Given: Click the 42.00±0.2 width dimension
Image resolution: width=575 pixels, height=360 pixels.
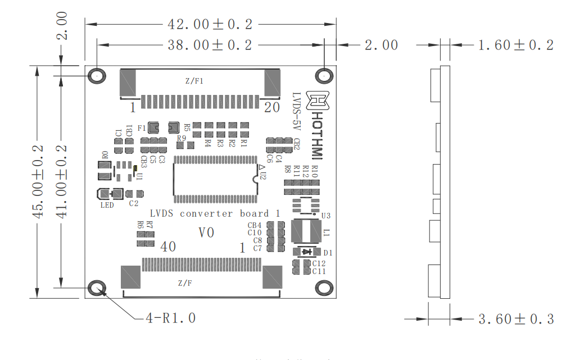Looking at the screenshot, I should pyautogui.click(x=210, y=24).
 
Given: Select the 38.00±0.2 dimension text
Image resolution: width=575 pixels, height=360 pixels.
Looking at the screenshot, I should pyautogui.click(x=210, y=45).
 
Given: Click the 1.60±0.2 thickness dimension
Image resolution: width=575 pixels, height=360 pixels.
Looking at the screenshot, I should pyautogui.click(x=515, y=45).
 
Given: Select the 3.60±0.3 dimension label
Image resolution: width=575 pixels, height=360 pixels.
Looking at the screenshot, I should pyautogui.click(x=515, y=319).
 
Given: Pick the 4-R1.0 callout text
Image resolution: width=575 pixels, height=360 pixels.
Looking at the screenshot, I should pyautogui.click(x=171, y=318).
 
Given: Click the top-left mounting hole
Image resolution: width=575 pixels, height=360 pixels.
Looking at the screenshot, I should pyautogui.click(x=97, y=76).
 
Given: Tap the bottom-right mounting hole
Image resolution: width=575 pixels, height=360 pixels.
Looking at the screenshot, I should pyautogui.click(x=324, y=288).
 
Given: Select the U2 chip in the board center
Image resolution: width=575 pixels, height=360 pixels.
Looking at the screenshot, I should pyautogui.click(x=215, y=179).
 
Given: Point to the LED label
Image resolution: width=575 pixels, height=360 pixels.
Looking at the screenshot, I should pyautogui.click(x=107, y=205).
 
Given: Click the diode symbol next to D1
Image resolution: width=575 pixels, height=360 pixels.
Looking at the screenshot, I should pyautogui.click(x=306, y=252).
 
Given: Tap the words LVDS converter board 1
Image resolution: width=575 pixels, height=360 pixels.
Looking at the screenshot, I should pyautogui.click(x=215, y=213).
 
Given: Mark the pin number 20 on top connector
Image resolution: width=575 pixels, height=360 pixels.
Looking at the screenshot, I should pyautogui.click(x=271, y=108).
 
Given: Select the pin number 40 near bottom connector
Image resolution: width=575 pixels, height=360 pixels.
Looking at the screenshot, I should pyautogui.click(x=169, y=246).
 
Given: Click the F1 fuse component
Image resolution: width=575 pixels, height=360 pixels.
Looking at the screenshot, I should pyautogui.click(x=154, y=128).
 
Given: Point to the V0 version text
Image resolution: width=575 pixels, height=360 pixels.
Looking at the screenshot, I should pyautogui.click(x=207, y=232).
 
